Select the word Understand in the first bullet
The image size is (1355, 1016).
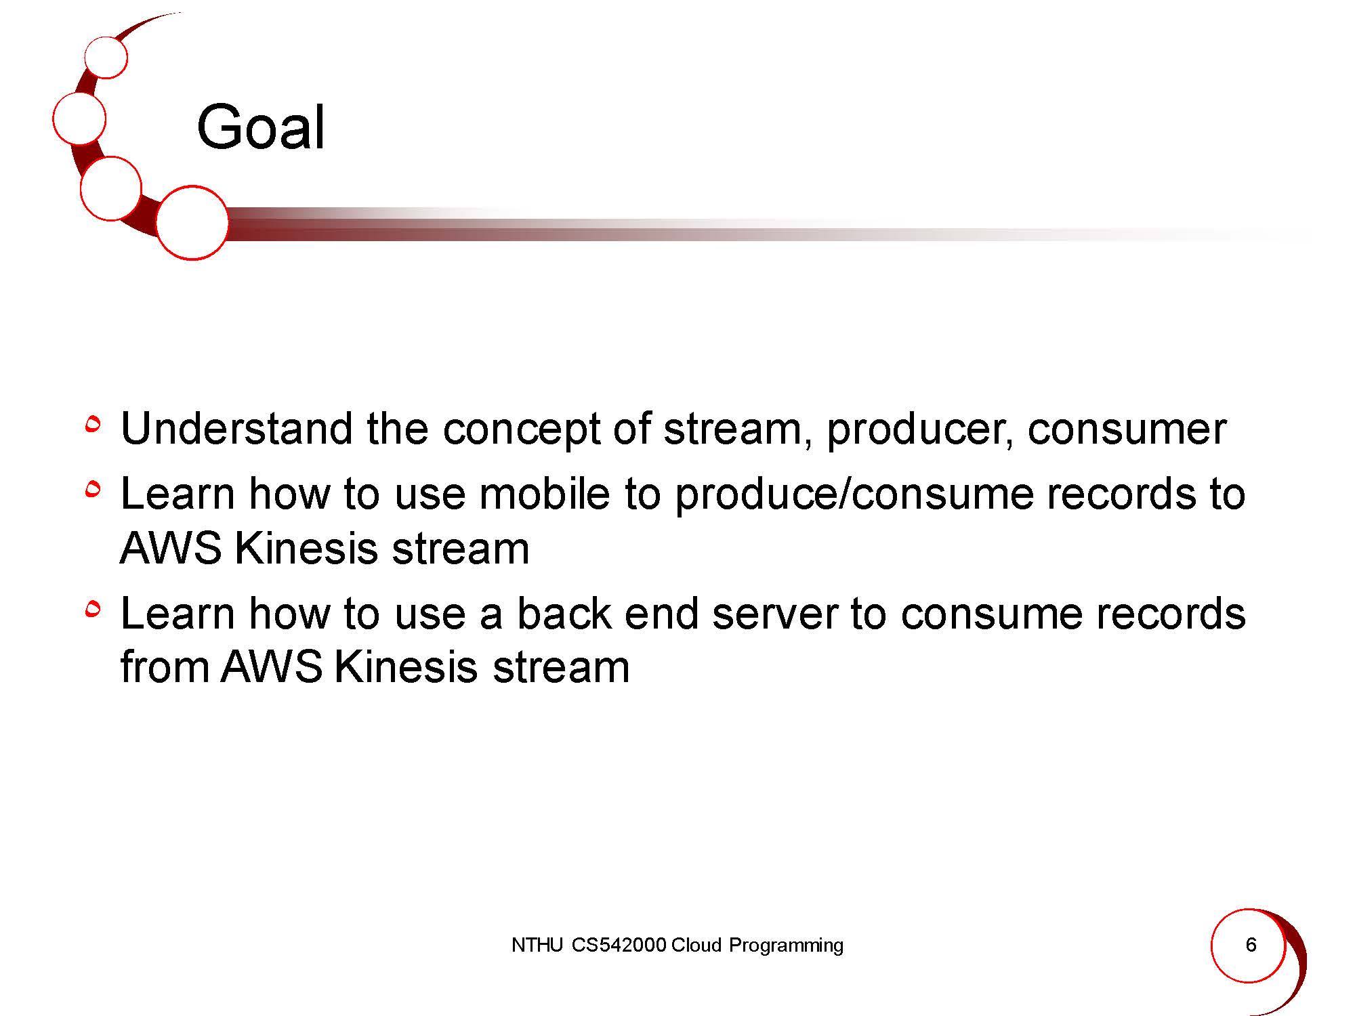click(x=236, y=429)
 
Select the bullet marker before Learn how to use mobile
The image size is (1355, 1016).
click(x=93, y=488)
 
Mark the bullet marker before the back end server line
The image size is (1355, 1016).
click(x=93, y=609)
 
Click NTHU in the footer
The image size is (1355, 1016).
click(x=537, y=945)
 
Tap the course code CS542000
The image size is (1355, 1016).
click(x=619, y=945)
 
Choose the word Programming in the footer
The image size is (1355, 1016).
click(x=786, y=946)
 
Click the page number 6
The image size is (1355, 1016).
click(x=1251, y=944)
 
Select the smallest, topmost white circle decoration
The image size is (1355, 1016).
click(x=106, y=57)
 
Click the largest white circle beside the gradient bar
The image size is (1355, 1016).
click(x=192, y=223)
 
